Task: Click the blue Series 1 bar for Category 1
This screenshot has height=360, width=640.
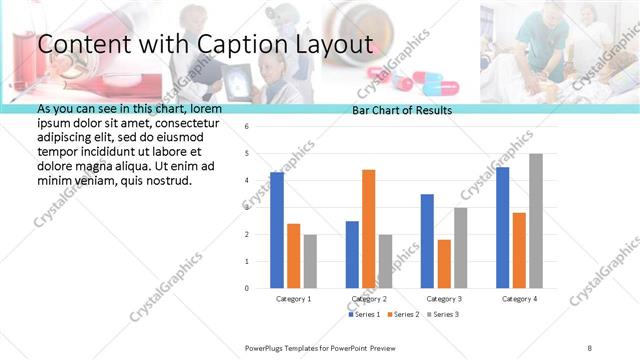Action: (x=277, y=230)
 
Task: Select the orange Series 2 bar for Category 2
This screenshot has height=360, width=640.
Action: (x=368, y=229)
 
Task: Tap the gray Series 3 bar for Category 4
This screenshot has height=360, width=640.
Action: (x=536, y=221)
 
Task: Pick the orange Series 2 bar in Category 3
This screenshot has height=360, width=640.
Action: (x=444, y=264)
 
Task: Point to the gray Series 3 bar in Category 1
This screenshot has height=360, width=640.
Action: (x=310, y=261)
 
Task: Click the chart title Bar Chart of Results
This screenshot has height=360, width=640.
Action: (x=402, y=111)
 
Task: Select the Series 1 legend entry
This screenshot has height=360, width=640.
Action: (x=364, y=315)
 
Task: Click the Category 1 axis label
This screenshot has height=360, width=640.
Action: (x=294, y=299)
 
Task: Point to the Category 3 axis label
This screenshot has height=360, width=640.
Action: (x=444, y=299)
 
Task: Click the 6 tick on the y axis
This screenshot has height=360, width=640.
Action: (x=246, y=127)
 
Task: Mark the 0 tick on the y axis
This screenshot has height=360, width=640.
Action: (x=246, y=288)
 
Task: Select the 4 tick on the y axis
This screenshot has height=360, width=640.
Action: (x=246, y=181)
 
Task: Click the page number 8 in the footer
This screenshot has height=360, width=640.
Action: (x=590, y=347)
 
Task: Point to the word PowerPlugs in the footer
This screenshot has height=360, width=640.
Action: (x=268, y=347)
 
